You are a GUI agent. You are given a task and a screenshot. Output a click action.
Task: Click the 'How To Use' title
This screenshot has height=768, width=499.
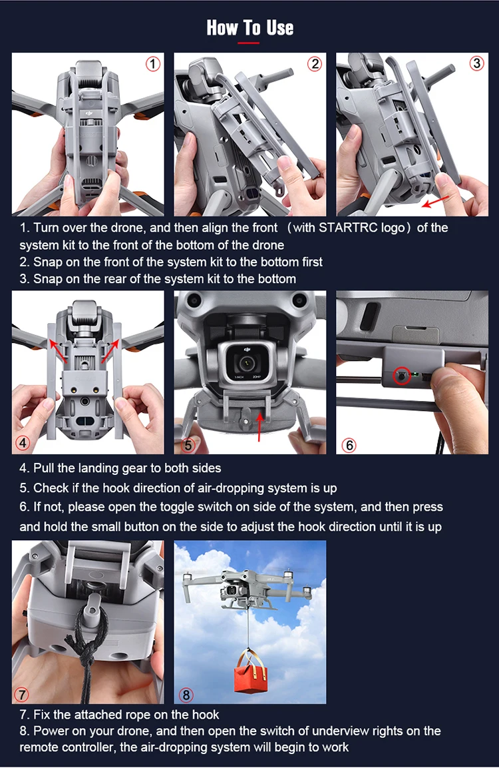[250, 27]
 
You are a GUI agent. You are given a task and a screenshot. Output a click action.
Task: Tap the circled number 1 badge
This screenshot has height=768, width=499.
[152, 64]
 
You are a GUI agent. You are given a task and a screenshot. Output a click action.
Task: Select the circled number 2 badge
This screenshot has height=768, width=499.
[315, 64]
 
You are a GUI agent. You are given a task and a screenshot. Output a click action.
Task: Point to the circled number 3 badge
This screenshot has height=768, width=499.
[476, 64]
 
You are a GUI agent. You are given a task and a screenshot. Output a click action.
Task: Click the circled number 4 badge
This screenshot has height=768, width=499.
[23, 443]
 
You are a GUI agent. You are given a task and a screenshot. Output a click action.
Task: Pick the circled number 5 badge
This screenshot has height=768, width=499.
[188, 445]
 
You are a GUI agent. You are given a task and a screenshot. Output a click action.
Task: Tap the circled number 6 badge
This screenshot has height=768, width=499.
[349, 445]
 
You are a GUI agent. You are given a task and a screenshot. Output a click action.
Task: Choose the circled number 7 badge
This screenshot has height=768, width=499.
[21, 694]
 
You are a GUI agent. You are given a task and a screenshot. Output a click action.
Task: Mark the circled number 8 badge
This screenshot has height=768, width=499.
[186, 694]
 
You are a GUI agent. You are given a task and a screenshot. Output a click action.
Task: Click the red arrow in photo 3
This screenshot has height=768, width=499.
[436, 200]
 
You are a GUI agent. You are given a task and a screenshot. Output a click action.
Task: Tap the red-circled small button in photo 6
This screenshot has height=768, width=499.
[402, 376]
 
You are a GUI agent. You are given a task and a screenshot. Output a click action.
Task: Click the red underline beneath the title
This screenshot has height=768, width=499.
[249, 43]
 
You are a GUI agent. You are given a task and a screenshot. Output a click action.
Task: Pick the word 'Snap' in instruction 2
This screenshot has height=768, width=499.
[47, 262]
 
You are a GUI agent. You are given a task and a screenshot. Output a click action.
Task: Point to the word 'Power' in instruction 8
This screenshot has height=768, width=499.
[51, 731]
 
